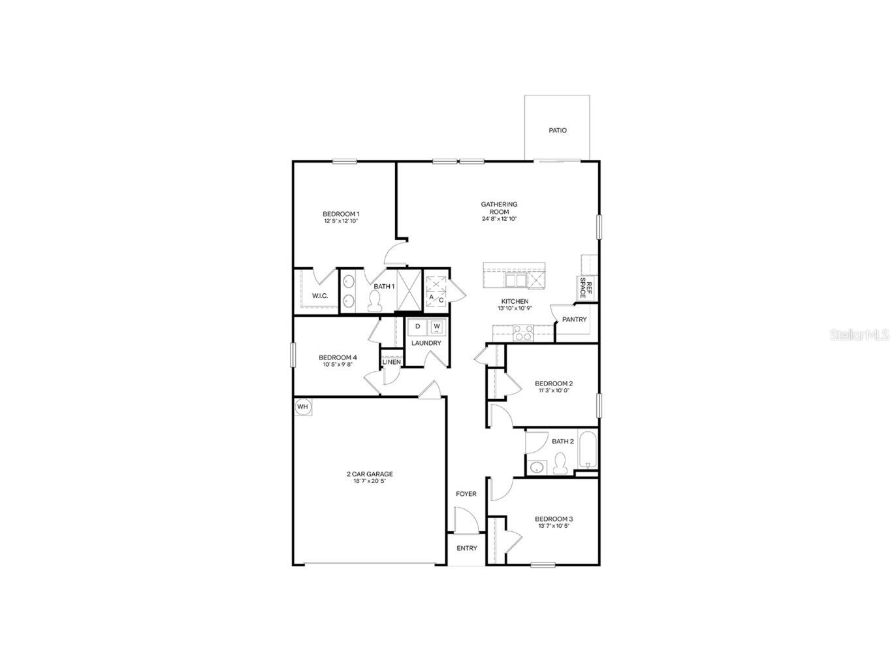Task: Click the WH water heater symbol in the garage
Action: click(302, 406)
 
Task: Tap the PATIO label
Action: click(557, 130)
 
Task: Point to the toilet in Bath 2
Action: click(560, 464)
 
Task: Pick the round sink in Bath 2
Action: click(537, 467)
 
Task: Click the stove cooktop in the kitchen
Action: click(522, 334)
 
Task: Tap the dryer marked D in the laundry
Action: click(417, 326)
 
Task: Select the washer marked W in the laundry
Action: click(437, 326)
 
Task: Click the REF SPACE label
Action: click(586, 288)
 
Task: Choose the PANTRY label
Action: click(574, 319)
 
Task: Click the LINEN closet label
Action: click(391, 362)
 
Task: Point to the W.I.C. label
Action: click(319, 296)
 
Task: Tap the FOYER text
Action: click(466, 494)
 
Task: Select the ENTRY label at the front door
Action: click(466, 548)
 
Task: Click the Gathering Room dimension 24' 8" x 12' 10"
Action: click(499, 219)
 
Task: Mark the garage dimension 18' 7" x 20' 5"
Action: click(369, 481)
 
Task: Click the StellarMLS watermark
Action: click(859, 334)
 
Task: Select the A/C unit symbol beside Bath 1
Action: click(436, 291)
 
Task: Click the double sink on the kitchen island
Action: click(515, 280)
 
